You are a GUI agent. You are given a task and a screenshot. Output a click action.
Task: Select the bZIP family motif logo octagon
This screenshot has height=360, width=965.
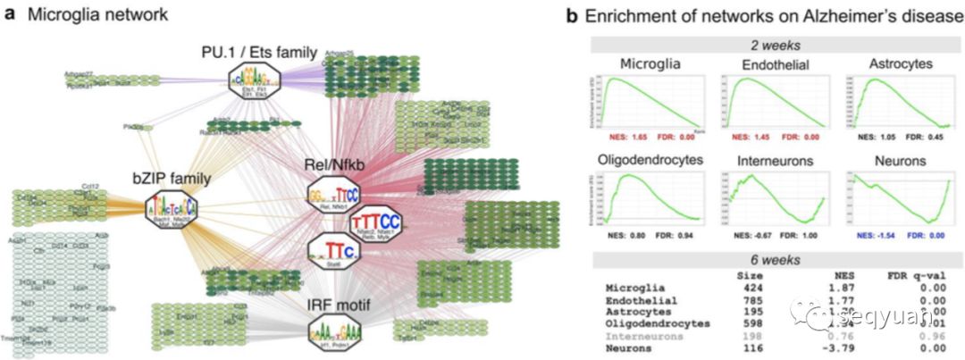[x=172, y=210]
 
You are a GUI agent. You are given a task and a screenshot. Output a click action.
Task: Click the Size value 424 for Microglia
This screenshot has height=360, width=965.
[x=748, y=289]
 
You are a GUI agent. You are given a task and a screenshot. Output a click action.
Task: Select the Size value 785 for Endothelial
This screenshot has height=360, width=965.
[x=748, y=300]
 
